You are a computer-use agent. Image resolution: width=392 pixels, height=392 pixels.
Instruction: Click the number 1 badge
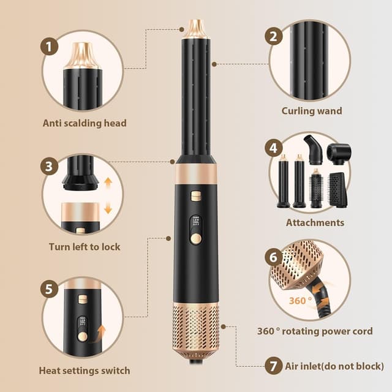(x=49, y=47)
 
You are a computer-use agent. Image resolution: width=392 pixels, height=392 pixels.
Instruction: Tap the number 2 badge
(x=274, y=37)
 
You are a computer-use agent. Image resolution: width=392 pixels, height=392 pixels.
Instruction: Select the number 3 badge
(x=49, y=166)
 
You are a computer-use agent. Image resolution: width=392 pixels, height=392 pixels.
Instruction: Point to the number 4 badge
(x=274, y=148)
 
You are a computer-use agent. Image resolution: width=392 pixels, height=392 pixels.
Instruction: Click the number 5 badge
(x=49, y=289)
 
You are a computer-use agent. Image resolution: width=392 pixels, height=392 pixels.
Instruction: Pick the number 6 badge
(x=274, y=257)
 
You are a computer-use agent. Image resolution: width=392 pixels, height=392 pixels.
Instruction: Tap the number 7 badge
(x=274, y=366)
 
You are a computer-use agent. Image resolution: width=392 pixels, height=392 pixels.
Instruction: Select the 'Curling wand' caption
(x=312, y=111)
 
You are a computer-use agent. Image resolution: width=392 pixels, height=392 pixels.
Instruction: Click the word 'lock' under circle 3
(x=111, y=247)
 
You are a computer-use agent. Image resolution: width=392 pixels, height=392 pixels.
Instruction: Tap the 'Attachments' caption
(x=315, y=222)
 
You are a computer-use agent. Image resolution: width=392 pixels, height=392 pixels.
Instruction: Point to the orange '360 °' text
(x=301, y=300)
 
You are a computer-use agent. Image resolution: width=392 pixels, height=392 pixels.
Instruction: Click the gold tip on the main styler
(x=196, y=29)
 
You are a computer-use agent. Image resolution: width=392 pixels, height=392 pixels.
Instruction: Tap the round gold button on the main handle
(x=196, y=239)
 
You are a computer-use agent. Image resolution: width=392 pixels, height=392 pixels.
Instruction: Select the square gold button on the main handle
(x=196, y=196)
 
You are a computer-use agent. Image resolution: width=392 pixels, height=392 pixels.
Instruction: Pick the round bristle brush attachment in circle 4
(x=316, y=188)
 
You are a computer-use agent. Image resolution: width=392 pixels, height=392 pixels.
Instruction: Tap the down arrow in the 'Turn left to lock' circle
(x=108, y=209)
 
